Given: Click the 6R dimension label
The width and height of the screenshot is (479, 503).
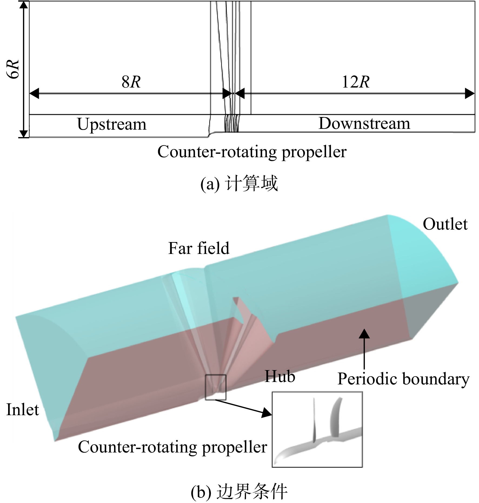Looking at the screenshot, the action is (x=14, y=69).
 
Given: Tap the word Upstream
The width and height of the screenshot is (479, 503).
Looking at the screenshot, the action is (x=112, y=125).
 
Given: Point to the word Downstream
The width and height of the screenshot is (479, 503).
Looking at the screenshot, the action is (x=364, y=123).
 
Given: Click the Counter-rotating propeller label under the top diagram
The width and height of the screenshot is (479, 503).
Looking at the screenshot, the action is (x=252, y=152).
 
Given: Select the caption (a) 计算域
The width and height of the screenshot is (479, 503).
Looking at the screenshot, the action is (x=239, y=184).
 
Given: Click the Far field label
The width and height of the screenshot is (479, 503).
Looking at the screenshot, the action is (x=199, y=248).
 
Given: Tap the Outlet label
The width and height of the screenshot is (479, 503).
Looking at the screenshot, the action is (x=445, y=224).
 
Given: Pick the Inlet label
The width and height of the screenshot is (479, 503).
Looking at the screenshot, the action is (x=23, y=410).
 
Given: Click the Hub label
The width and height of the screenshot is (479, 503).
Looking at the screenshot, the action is (x=280, y=376).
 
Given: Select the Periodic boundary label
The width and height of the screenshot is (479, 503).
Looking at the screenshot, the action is (x=403, y=379).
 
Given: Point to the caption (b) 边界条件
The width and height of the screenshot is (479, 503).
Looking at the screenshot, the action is (x=239, y=492).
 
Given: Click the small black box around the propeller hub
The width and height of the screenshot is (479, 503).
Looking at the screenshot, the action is (x=215, y=375).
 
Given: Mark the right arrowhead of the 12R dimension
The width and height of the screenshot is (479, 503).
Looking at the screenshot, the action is (x=470, y=93).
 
